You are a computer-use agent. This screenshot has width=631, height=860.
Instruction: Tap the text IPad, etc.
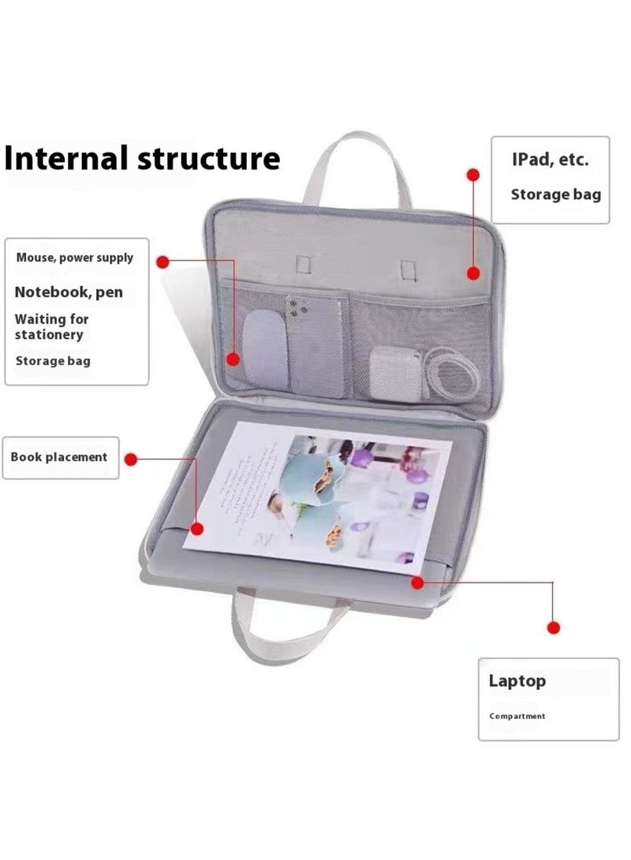coord(549,160)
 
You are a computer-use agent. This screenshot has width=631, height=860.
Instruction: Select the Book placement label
coord(59,457)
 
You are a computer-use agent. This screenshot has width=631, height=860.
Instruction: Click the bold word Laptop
coord(517,680)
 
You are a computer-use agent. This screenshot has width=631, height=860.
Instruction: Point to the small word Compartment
coord(517,716)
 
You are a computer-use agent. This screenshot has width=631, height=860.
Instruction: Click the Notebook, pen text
coord(69,292)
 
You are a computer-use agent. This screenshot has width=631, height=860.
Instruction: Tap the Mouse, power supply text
coord(75,258)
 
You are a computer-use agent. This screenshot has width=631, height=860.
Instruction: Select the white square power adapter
coord(390,365)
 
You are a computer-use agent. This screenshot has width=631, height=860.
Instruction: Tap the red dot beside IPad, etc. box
coord(473,174)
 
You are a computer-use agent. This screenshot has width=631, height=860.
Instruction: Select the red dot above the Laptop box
coord(553,627)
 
